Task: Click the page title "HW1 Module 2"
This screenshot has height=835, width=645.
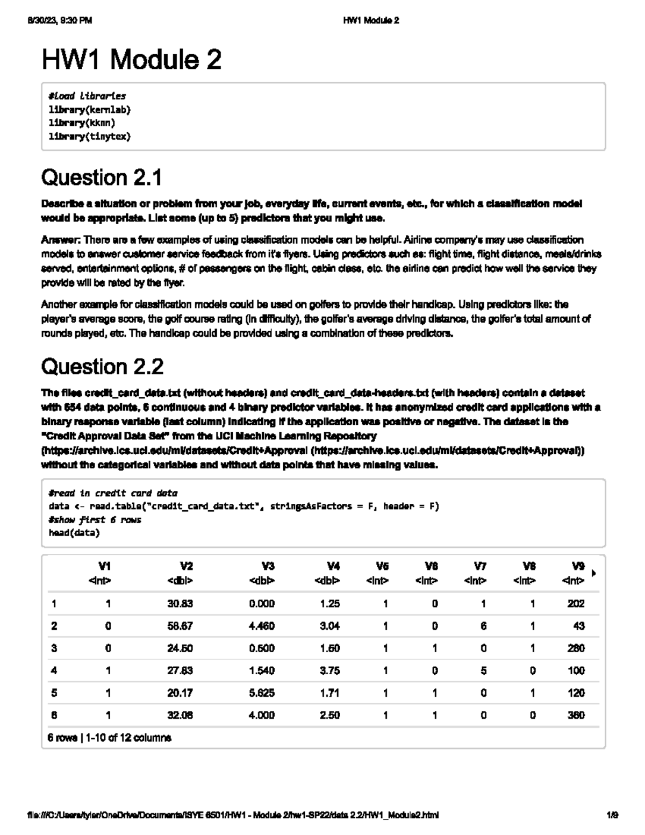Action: tap(131, 60)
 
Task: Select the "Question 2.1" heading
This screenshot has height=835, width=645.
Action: tap(102, 178)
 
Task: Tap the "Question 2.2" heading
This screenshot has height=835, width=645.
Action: tap(102, 367)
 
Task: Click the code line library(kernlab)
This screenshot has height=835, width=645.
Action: tap(90, 110)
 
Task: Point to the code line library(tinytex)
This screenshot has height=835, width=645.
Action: tap(90, 137)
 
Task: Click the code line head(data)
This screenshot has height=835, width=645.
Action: tap(74, 533)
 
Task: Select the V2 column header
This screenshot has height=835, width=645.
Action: tap(186, 566)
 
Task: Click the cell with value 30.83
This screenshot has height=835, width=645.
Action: tap(180, 604)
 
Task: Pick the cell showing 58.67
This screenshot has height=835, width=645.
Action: tap(180, 626)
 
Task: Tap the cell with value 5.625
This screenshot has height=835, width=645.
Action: tap(262, 693)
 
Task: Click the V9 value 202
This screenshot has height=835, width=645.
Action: tap(576, 604)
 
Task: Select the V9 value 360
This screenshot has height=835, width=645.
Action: tap(576, 716)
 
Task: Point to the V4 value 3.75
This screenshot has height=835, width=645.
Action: tap(329, 671)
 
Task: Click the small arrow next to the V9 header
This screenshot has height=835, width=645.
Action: tap(593, 574)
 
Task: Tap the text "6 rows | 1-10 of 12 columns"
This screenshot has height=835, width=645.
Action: tap(109, 738)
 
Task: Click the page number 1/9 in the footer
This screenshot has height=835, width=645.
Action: tap(612, 815)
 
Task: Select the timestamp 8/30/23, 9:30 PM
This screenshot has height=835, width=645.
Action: tap(59, 20)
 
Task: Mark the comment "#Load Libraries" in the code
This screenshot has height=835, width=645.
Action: tap(87, 96)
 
